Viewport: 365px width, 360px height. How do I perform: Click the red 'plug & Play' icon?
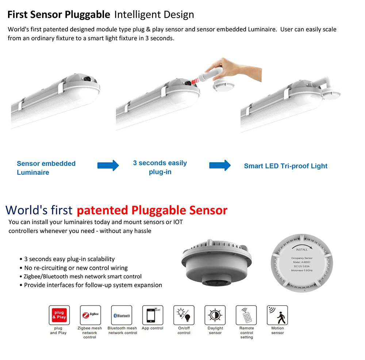[x=59, y=315]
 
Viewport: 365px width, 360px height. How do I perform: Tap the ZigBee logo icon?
[x=90, y=315]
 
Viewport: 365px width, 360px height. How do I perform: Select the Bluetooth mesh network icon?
[x=122, y=315]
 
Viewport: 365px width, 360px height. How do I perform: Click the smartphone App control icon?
[x=153, y=315]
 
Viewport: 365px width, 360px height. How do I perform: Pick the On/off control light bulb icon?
[x=184, y=315]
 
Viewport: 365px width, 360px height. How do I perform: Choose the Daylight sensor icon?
[x=215, y=315]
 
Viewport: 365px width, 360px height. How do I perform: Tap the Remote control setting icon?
[x=246, y=315]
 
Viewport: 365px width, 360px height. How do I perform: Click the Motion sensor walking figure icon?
[x=277, y=315]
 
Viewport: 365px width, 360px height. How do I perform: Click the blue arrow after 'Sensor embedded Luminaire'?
[x=108, y=165]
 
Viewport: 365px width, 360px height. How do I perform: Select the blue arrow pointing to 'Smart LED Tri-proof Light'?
[x=220, y=165]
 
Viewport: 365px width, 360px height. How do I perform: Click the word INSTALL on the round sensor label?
[x=301, y=249]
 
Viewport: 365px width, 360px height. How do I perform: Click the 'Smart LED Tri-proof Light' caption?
[x=285, y=166]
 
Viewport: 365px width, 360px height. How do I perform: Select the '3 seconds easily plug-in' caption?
[x=160, y=167]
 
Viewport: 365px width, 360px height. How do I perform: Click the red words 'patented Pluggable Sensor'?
[x=152, y=210]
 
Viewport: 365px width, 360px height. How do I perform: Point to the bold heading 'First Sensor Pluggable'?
[x=59, y=15]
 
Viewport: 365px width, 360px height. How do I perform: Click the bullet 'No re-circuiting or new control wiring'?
[x=76, y=268]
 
